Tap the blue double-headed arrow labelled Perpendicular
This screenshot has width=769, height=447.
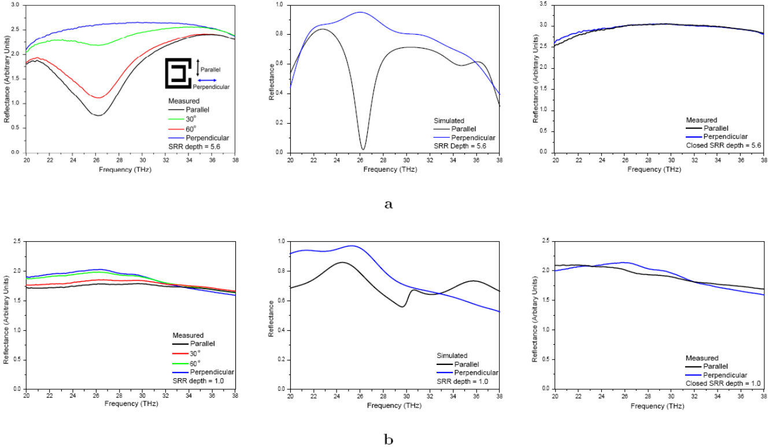(x=207, y=80)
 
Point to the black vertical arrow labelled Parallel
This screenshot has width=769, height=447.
(x=198, y=68)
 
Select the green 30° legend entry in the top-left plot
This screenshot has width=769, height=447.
(x=182, y=119)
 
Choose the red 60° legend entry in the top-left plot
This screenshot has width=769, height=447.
(x=182, y=129)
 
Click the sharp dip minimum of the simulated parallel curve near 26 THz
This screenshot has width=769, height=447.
(x=363, y=149)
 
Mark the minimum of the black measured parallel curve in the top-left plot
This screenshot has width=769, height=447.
(x=98, y=115)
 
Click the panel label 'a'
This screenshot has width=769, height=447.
(x=389, y=204)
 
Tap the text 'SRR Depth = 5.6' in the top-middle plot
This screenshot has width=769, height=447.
(x=460, y=146)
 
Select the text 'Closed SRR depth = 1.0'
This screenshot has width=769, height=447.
(x=723, y=383)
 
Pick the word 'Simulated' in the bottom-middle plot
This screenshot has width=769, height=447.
(x=452, y=355)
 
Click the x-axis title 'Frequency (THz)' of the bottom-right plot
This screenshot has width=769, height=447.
(x=657, y=406)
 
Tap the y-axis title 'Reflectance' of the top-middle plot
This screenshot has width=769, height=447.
(x=272, y=82)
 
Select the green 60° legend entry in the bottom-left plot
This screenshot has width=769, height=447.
(x=186, y=363)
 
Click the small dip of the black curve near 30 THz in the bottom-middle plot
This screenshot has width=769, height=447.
(x=402, y=306)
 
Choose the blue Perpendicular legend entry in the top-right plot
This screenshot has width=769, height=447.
(x=716, y=136)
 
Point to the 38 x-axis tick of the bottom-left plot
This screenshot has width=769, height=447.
(x=235, y=396)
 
